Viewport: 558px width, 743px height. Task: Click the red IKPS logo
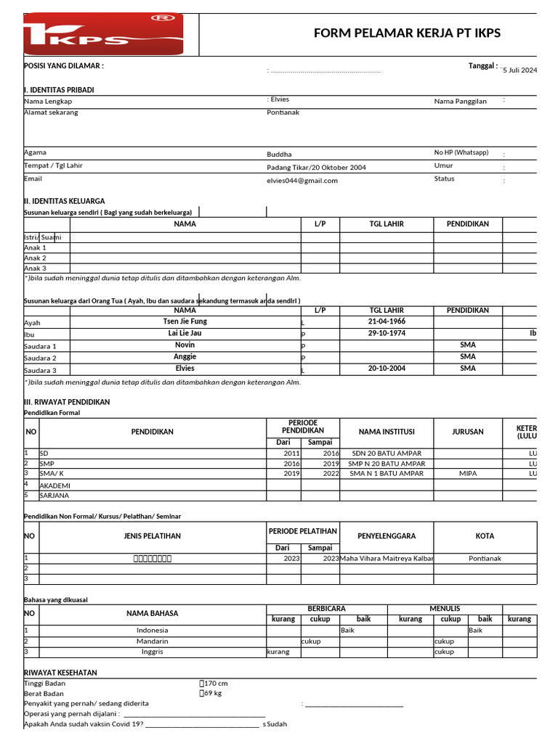coord(103,34)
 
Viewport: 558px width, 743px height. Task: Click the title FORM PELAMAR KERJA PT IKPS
coord(407,33)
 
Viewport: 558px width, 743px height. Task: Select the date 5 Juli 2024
coord(519,70)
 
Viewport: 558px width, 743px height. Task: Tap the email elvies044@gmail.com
coord(302,181)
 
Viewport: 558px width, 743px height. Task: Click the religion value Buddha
coord(279,155)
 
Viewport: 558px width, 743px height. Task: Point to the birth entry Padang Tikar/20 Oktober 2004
coord(316,168)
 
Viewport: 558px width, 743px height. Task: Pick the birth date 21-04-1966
coord(387,321)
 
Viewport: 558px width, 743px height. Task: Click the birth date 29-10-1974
coord(387,333)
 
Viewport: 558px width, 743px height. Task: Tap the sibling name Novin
coord(185,345)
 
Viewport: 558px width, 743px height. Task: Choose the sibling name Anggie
coord(185,357)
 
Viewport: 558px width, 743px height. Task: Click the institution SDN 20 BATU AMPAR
coord(385,453)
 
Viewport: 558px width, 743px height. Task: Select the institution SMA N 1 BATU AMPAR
coord(386,474)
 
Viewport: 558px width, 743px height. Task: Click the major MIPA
coord(467,474)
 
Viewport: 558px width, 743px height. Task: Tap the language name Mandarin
coord(152,641)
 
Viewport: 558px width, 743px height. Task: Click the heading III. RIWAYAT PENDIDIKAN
coord(67,402)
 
